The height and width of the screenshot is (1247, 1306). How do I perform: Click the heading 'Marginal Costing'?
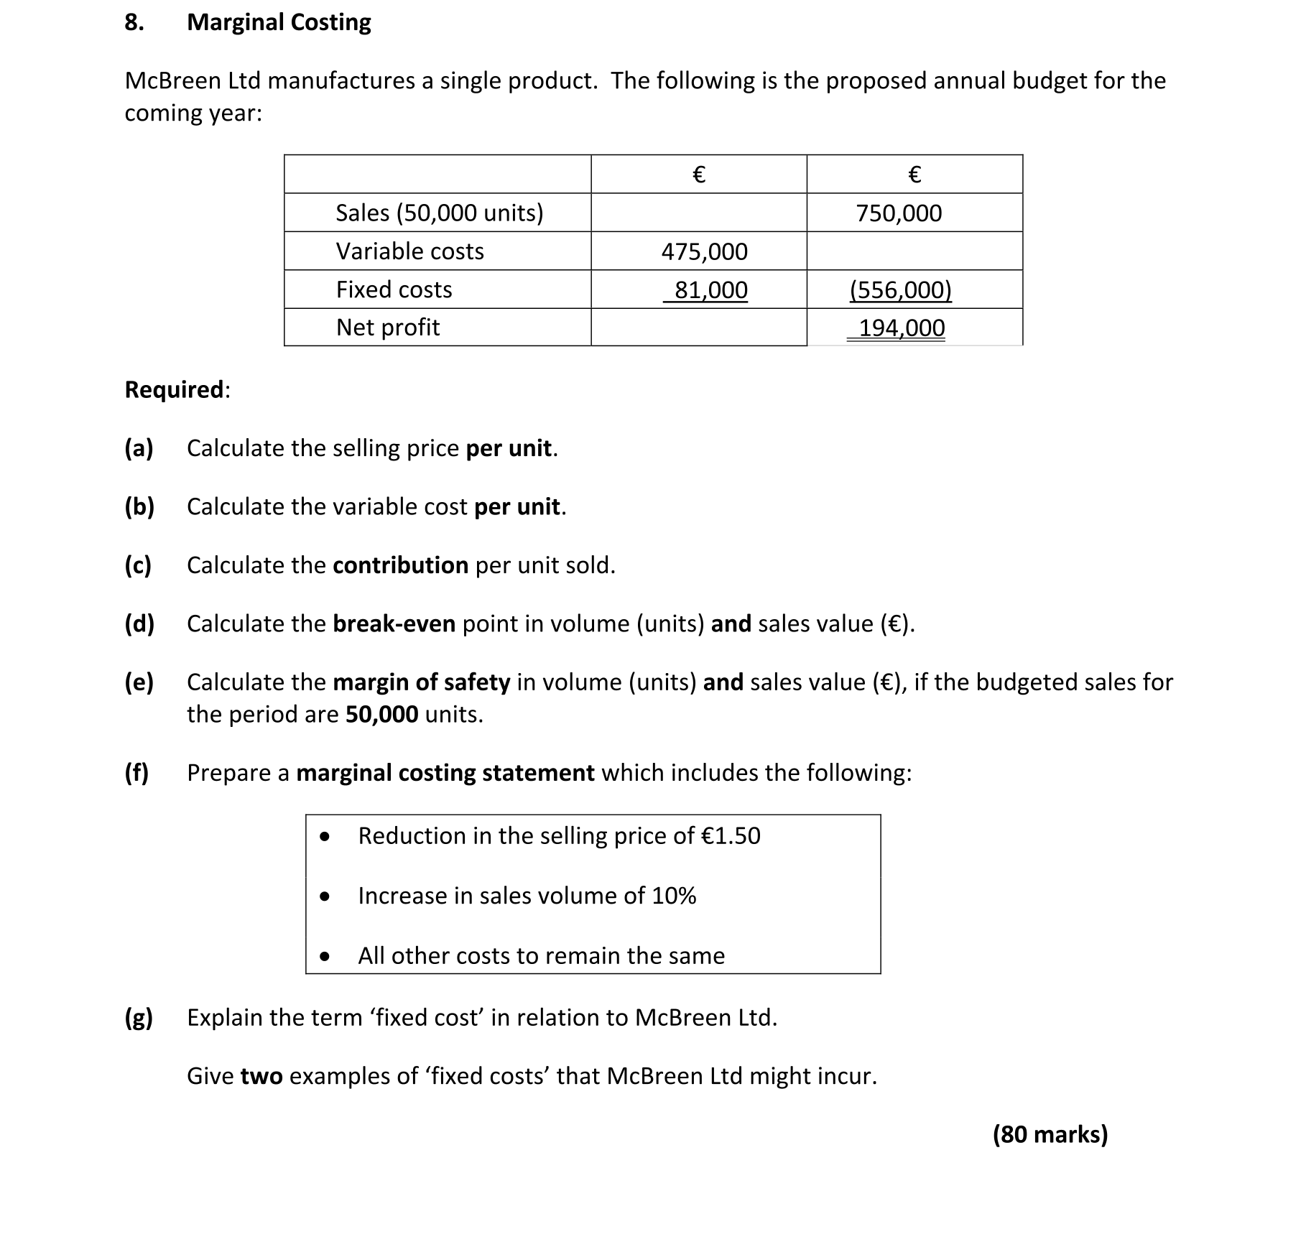[279, 22]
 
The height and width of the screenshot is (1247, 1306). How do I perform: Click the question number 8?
[134, 22]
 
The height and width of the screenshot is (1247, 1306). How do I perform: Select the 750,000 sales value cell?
[899, 213]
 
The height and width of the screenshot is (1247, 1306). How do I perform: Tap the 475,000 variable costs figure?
[704, 251]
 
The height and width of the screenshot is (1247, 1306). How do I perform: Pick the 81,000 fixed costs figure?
[710, 290]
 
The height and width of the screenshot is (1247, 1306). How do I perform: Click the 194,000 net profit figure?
[902, 328]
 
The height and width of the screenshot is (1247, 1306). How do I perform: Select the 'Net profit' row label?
[388, 328]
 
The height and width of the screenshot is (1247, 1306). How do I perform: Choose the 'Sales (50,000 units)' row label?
[440, 213]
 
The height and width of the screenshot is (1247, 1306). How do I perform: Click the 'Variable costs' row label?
[410, 251]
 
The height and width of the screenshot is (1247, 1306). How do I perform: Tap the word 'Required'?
[175, 389]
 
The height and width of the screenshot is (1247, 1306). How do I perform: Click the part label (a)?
[139, 448]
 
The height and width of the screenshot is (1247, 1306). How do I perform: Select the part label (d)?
[139, 623]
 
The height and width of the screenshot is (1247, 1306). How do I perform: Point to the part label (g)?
[139, 1018]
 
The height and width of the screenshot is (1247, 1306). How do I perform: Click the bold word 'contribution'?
[400, 565]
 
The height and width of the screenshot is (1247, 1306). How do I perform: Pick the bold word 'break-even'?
[394, 623]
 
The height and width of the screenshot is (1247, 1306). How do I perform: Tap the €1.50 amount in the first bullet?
[731, 836]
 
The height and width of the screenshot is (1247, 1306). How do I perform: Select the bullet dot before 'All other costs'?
[325, 956]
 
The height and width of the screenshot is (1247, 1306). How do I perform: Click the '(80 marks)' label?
[1050, 1134]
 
